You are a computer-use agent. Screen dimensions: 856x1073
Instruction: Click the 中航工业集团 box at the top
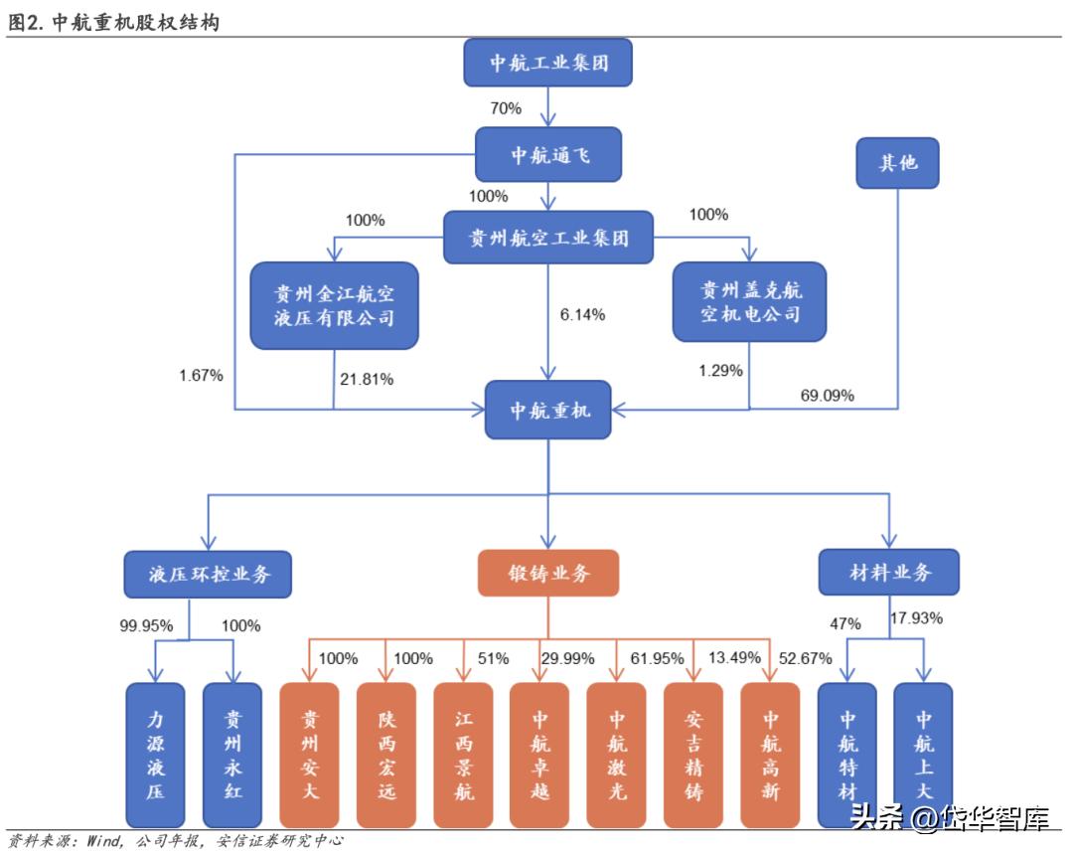click(x=548, y=64)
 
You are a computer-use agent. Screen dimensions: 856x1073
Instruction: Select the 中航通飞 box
click(x=548, y=154)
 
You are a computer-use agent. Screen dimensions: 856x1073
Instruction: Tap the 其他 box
click(x=897, y=162)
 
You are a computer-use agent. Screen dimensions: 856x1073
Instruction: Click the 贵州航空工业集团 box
click(x=548, y=238)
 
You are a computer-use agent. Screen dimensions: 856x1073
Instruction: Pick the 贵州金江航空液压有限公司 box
click(x=335, y=305)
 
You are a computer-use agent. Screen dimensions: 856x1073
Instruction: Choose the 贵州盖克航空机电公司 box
click(x=750, y=302)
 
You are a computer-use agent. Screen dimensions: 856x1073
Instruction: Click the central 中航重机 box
click(x=548, y=409)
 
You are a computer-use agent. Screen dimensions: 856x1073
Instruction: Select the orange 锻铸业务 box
click(x=548, y=574)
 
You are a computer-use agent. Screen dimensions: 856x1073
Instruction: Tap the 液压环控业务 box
click(x=209, y=574)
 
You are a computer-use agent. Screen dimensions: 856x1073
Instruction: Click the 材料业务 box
click(x=889, y=573)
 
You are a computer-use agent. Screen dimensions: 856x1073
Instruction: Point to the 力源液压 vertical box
click(x=155, y=755)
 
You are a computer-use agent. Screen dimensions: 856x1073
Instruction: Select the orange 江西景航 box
click(x=463, y=755)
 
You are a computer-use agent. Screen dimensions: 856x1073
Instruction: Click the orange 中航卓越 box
click(x=539, y=755)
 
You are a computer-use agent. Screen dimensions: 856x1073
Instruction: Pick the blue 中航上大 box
click(x=923, y=755)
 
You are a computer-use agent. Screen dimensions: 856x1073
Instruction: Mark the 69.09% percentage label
click(x=827, y=396)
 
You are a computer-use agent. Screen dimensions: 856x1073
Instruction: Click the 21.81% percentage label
click(x=367, y=379)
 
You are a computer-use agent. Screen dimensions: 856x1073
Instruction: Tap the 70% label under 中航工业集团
click(x=506, y=108)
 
